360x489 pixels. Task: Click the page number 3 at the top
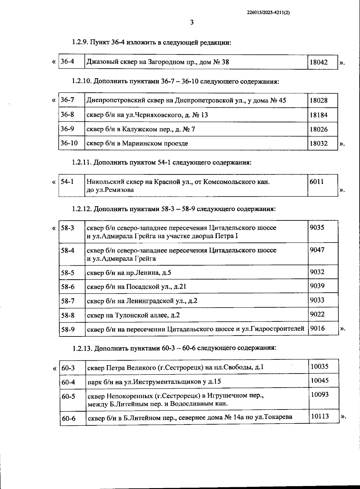(192, 22)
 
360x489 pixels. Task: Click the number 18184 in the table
(319, 115)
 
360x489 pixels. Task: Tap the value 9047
(317, 250)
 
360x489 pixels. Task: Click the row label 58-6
(68, 287)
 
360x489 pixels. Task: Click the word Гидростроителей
(277, 329)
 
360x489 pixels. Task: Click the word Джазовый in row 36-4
(100, 62)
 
